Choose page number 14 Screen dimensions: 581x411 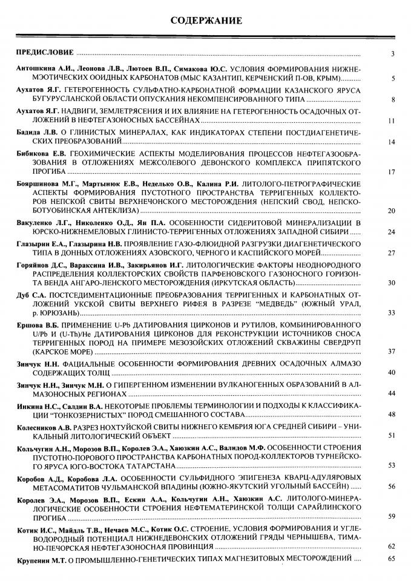pos(391,142)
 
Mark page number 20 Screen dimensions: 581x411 pos(391,211)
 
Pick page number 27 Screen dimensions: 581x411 pos(391,252)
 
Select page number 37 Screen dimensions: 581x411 pos(391,352)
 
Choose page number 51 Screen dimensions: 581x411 pos(391,435)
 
